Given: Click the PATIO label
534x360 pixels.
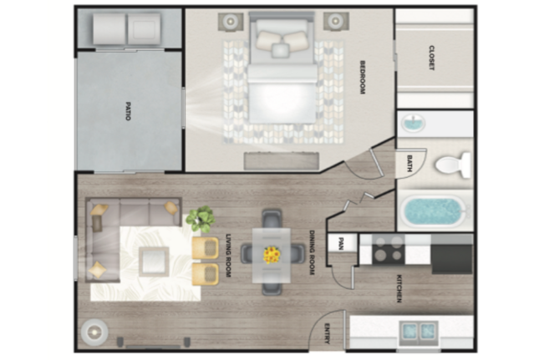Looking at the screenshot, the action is coord(128,111).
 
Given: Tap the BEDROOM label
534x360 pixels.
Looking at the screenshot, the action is coord(363,77).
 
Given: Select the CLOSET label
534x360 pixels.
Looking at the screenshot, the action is coord(431,58).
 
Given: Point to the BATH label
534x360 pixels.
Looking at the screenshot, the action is coord(409,164).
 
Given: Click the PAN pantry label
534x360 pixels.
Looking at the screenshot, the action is coord(341,244).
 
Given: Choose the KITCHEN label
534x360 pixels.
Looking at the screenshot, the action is coord(399,288).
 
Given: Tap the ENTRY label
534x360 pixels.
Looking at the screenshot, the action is coord(328,333).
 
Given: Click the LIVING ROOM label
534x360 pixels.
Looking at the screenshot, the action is coord(228,256).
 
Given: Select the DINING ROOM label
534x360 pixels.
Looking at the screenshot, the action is coord(312,252).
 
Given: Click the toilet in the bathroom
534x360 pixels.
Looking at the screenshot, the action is coord(453,165).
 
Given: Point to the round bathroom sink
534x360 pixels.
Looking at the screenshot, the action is coord(413,123).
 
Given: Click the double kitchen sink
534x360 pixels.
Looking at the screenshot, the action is coord(419,331).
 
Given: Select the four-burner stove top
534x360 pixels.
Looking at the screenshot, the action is coord(389,250).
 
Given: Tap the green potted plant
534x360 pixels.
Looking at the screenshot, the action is coord(201,219).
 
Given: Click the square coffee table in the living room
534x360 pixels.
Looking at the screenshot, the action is coord(154,261).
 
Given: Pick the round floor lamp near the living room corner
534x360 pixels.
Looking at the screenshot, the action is coord(94,332).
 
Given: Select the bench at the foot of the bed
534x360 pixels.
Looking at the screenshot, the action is coord(282,161).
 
